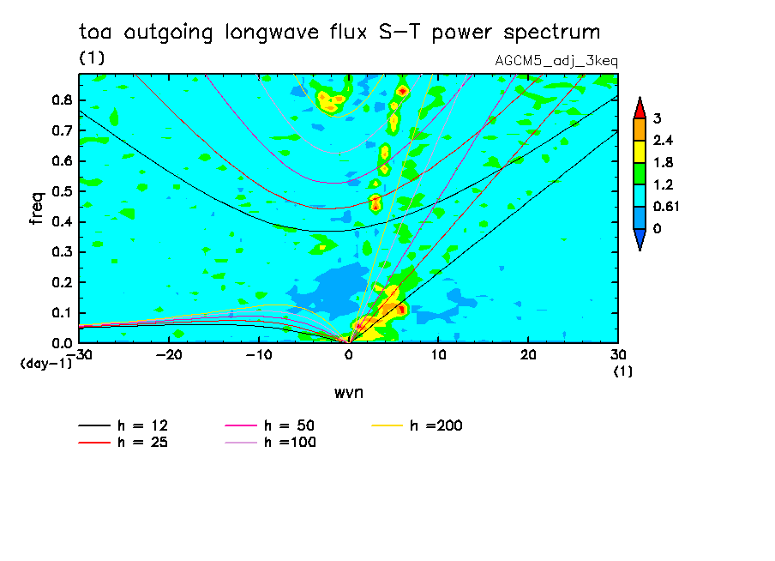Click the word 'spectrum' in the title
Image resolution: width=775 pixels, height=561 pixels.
[550, 33]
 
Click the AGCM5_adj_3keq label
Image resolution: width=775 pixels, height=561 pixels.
[556, 61]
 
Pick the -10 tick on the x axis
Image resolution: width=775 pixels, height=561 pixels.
[259, 354]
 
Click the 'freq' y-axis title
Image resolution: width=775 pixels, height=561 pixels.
[37, 208]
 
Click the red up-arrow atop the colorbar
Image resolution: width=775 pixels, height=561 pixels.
[640, 107]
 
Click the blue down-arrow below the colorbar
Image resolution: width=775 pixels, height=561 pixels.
[640, 242]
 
